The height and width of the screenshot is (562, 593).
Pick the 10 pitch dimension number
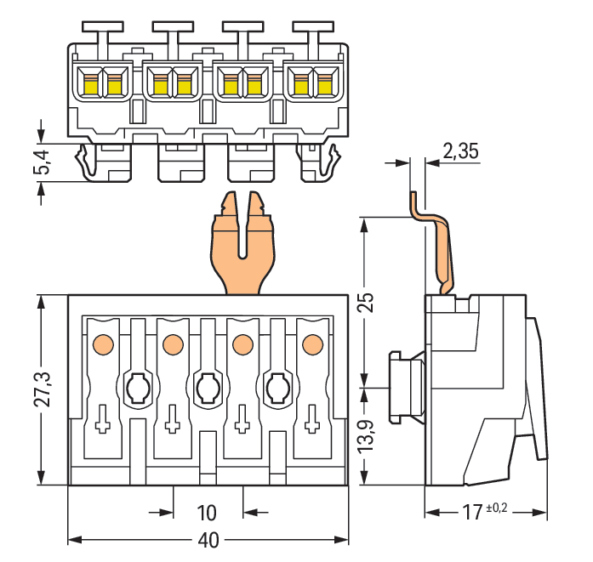pyautogui.click(x=207, y=513)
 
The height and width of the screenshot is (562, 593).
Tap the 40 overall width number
pyautogui.click(x=208, y=541)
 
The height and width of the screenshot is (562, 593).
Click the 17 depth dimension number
pyautogui.click(x=473, y=513)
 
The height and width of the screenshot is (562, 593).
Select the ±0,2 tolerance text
pyautogui.click(x=498, y=509)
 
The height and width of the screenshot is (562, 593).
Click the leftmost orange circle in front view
pyautogui.click(x=102, y=344)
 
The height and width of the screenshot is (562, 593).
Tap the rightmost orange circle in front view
pyautogui.click(x=311, y=344)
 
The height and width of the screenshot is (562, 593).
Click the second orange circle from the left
pyautogui.click(x=172, y=344)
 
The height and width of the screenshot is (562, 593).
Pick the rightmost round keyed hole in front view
pyautogui.click(x=277, y=389)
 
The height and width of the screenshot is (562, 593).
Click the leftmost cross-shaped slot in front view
pyautogui.click(x=102, y=419)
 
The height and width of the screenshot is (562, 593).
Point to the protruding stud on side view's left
pyautogui.click(x=407, y=387)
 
